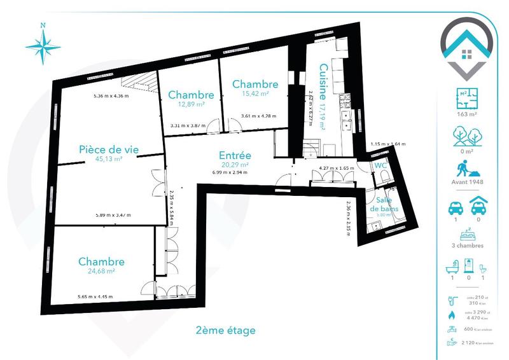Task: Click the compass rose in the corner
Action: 43,45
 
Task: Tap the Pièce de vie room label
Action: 108,149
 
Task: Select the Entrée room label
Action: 235,155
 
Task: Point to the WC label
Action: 381,166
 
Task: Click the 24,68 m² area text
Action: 101,271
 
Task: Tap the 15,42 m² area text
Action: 255,93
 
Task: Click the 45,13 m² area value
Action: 108,159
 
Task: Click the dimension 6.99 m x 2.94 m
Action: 230,172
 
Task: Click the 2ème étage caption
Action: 226,330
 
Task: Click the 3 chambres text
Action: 467,246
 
